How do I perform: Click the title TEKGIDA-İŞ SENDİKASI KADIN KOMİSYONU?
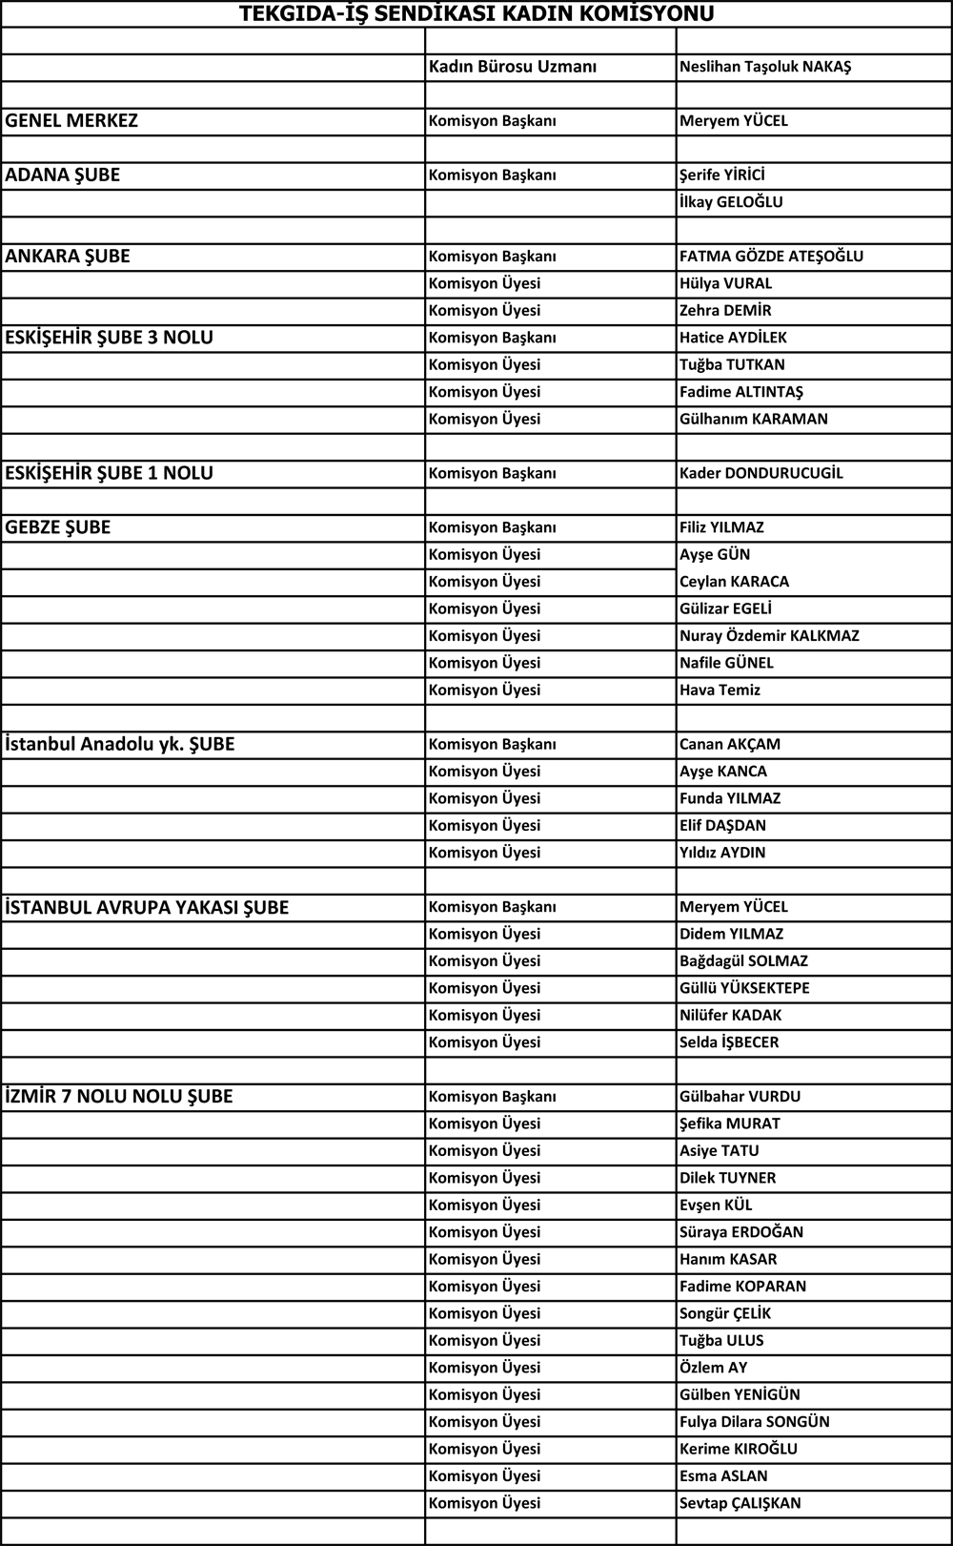[x=476, y=13]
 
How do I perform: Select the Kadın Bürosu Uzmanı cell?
[x=512, y=67]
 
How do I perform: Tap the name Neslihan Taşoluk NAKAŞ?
[x=765, y=67]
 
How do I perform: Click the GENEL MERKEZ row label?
[x=71, y=121]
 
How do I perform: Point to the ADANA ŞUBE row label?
[x=63, y=175]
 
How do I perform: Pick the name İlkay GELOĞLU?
[x=731, y=202]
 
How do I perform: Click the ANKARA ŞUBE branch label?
[x=68, y=257]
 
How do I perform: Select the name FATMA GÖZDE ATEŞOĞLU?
[x=771, y=257]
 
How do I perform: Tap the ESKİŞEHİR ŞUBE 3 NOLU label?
[x=110, y=338]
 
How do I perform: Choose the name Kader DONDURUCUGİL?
[x=760, y=473]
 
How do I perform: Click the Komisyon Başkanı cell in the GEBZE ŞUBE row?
[x=492, y=527]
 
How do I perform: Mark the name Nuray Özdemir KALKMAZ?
[x=769, y=636]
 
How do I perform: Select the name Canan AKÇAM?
[x=730, y=745]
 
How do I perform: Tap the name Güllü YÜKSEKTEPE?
[x=744, y=989]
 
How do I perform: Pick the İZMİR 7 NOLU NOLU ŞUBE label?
[x=119, y=1097]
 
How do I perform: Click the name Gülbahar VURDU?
[x=740, y=1097]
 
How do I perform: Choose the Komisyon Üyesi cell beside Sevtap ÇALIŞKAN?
[x=484, y=1504]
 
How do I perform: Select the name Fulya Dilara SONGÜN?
[x=754, y=1422]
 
